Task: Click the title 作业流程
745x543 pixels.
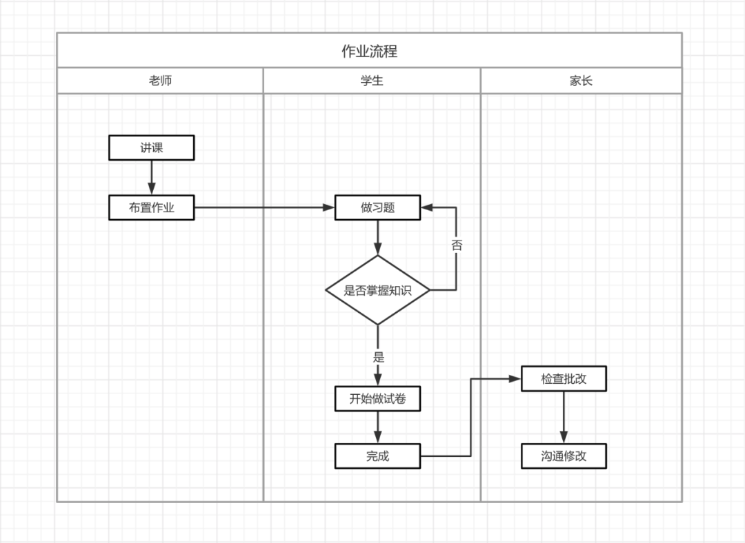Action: (369, 51)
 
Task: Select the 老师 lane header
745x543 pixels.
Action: (160, 81)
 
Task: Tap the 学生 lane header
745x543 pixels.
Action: (372, 81)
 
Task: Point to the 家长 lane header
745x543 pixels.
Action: (581, 81)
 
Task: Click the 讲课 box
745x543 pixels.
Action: (151, 147)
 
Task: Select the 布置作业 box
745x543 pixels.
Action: (151, 207)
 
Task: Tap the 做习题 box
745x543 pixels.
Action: (377, 207)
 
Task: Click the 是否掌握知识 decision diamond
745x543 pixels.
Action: (377, 290)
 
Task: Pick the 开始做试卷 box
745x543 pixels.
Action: (377, 398)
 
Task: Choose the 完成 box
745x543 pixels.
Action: (377, 456)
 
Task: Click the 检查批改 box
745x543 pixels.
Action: (564, 379)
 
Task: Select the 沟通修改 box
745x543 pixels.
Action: (564, 456)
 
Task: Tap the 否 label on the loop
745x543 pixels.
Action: (457, 245)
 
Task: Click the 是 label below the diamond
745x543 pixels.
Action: (378, 357)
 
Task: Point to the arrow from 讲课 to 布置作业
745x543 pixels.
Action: (151, 178)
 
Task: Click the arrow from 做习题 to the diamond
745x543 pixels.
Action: (377, 238)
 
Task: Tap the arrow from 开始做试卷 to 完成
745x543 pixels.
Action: (377, 427)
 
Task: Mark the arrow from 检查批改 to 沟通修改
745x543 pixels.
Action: (564, 418)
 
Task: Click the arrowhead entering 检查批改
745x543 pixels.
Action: (515, 379)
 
